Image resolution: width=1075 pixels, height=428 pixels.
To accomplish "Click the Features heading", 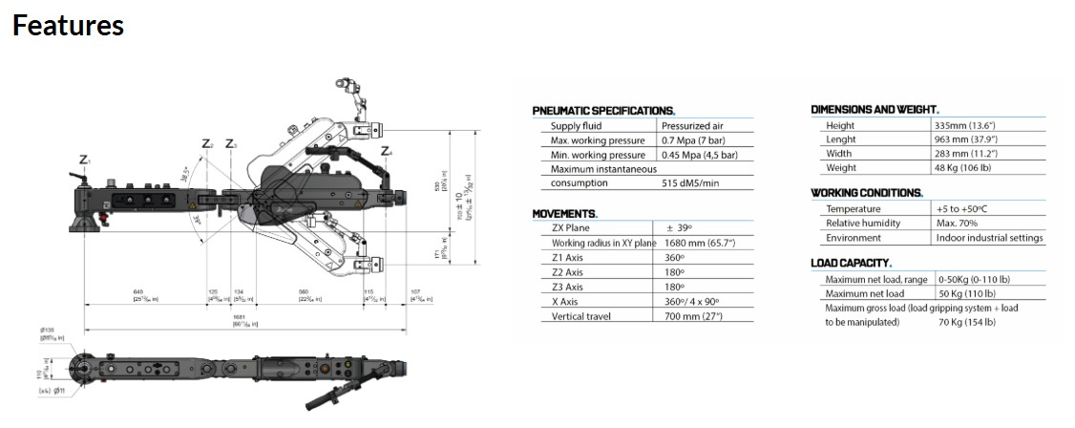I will pos(69,25).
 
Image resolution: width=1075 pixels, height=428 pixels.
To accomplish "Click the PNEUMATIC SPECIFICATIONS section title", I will pos(603,111).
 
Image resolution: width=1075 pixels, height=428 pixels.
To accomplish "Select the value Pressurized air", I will pos(692,126).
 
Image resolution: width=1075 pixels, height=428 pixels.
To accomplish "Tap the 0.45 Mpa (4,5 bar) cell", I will pos(700,155).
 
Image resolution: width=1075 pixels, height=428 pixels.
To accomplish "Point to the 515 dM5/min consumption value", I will pos(690,182).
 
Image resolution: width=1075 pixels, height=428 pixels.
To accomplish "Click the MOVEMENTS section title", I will pos(565,213).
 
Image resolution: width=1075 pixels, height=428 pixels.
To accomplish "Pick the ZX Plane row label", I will pos(571,228).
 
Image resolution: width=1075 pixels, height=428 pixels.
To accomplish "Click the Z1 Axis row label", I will pos(567,258).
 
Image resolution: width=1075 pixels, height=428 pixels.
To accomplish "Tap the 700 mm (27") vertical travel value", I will pos(693,316).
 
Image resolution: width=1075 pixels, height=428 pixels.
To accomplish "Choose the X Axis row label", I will pos(566,302).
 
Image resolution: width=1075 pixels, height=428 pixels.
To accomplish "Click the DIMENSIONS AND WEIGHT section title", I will pos(875,110).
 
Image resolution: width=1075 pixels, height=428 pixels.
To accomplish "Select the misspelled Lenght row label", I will pos(841,139).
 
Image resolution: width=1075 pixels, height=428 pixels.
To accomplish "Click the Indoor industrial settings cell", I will pos(990,238).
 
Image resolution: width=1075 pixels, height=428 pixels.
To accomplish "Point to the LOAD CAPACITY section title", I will pos(852,263).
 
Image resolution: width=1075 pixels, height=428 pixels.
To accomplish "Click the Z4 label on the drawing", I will pos(386,151).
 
